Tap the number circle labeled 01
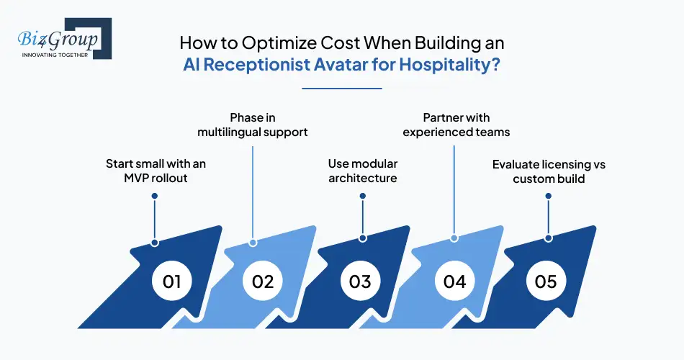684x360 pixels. click(x=171, y=281)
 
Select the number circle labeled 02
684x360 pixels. click(x=263, y=281)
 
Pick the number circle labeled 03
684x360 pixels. click(x=359, y=281)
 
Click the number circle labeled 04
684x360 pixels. click(x=454, y=281)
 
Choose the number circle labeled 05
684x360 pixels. click(x=546, y=281)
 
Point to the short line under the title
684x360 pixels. click(x=341, y=88)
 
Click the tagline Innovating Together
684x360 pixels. click(x=55, y=55)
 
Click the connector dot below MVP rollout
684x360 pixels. click(x=154, y=243)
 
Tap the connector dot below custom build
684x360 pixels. click(x=549, y=238)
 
